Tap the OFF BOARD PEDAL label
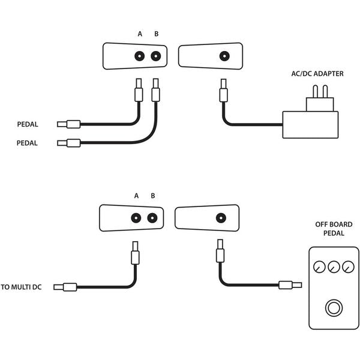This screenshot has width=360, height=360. [x=334, y=229]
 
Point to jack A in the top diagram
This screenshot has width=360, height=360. [x=139, y=56]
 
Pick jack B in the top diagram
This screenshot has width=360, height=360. [x=155, y=56]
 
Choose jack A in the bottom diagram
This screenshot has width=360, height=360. [x=136, y=218]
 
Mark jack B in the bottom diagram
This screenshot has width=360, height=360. [x=152, y=218]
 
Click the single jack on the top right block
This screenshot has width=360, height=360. [x=225, y=56]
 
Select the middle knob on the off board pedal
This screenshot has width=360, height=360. [x=334, y=266]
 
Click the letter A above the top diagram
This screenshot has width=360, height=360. [x=140, y=34]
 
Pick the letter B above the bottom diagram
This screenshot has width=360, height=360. [x=152, y=196]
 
